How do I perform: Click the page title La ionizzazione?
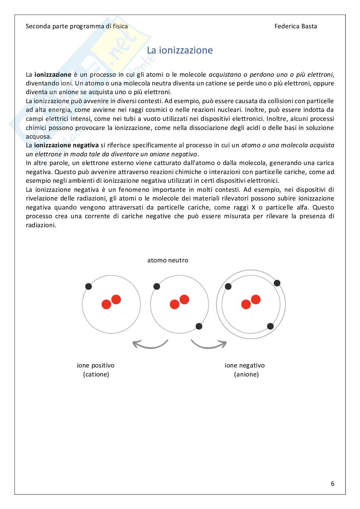180,50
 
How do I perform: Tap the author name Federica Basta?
295,26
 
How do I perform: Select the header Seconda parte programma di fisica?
77,26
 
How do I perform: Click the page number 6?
333,484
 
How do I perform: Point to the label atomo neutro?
168,260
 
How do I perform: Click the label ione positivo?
95,365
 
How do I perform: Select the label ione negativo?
245,365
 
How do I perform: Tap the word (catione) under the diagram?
96,374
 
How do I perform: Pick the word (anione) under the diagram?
246,374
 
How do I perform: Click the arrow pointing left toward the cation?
150,344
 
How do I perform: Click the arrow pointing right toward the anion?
209,344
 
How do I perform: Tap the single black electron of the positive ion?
88,286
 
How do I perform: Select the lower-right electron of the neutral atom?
199,326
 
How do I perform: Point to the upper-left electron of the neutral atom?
157,286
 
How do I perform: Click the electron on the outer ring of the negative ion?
277,283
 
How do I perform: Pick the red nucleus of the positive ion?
111,302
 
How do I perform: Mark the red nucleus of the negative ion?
251,302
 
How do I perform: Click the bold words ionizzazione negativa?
66,145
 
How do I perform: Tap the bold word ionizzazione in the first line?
53,74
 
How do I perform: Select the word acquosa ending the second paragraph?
38,136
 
